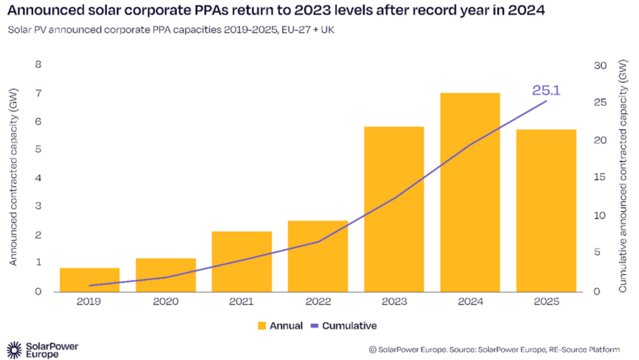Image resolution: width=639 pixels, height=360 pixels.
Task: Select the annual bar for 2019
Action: pos(89,279)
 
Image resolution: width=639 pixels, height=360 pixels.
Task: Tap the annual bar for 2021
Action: pos(242,261)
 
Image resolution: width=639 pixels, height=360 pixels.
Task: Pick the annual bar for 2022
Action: pos(317,256)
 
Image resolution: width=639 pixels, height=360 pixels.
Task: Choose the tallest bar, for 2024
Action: pos(470,192)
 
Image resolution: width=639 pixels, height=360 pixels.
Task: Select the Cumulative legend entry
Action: pos(344,326)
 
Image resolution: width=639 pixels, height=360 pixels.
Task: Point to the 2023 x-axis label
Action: pos(394,301)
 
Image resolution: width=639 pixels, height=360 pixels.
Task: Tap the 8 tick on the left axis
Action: pos(38,65)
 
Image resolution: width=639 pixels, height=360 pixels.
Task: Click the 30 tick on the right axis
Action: pos(600,65)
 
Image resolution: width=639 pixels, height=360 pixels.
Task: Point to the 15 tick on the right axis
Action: pos(600,178)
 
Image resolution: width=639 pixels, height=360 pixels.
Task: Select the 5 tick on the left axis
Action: pos(38,150)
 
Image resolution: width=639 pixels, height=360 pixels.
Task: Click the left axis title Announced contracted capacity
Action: pos(13,178)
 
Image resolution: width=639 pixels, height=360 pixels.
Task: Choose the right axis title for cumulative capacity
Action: pos(622,178)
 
